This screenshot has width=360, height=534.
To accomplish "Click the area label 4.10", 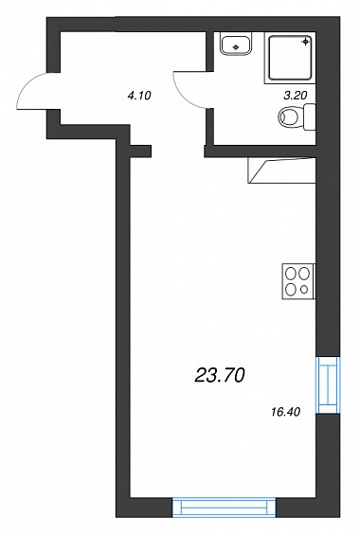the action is coord(138,96).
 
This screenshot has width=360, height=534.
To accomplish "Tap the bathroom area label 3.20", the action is coord(296,96).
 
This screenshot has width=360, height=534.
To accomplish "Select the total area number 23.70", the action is coord(220,376).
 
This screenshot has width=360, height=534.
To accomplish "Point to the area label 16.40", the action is coord(286,412).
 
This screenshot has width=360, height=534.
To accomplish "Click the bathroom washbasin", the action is coord(236,44).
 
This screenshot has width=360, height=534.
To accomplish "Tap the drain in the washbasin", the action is coord(236,46).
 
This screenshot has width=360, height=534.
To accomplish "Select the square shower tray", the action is coord(290,58).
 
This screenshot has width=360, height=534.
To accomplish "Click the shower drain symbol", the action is coord(306,42).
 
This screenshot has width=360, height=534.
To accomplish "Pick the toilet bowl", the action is coord(290,116).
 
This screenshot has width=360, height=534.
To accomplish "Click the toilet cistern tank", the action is coord(309,117).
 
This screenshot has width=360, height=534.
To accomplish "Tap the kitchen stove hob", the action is coord(298,281).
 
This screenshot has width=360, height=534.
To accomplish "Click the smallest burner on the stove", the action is coord(304,290).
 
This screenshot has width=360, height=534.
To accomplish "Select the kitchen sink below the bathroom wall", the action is coord(282,170).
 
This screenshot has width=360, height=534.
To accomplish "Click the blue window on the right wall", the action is coord(328,384).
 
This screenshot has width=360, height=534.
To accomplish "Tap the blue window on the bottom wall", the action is coord(224,507).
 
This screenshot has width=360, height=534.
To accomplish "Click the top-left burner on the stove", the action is coord(291,273).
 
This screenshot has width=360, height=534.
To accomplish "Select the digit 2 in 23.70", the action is coord(201,376).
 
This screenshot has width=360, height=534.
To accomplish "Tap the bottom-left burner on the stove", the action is coord(291,290).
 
